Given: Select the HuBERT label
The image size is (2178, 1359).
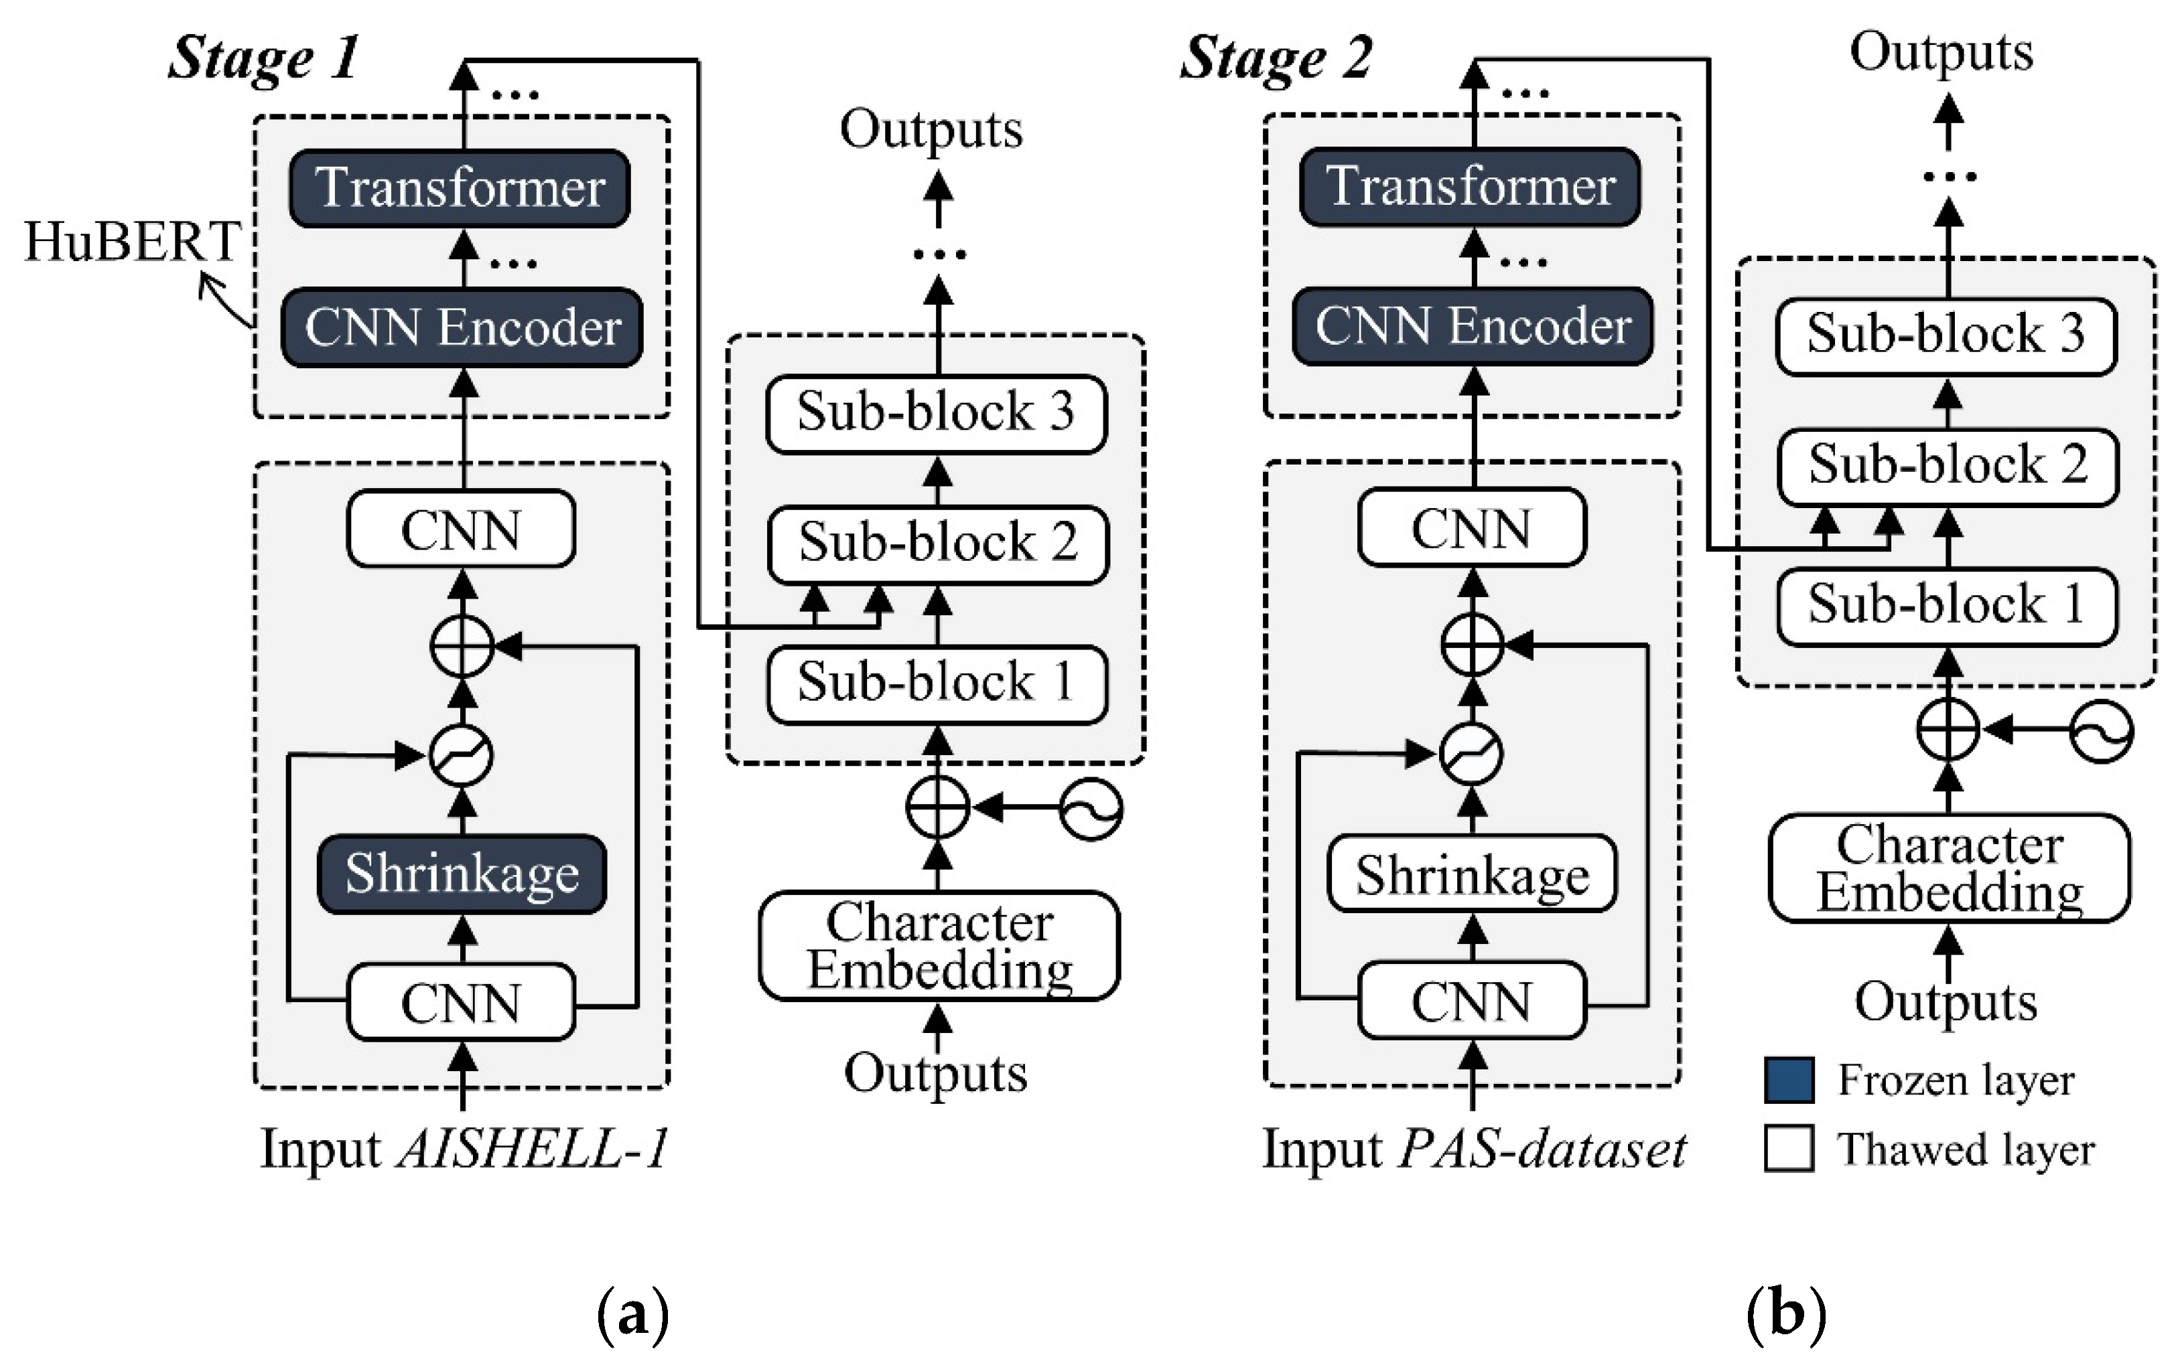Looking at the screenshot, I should [x=132, y=242].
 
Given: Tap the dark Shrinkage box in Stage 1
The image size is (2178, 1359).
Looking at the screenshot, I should [x=462, y=874].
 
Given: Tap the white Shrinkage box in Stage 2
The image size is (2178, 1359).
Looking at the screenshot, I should [x=1472, y=874].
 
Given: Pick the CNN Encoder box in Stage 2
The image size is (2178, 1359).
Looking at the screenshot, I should [x=1472, y=325].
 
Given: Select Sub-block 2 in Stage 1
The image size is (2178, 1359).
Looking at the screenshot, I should [x=937, y=543].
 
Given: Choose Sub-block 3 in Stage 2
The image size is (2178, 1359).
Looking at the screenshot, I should [x=1946, y=334].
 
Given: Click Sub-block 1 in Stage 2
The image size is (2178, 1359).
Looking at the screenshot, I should [x=1946, y=604].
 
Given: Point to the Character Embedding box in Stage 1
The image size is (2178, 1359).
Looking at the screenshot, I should [x=939, y=945].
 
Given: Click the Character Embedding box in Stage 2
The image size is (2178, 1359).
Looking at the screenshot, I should [x=1949, y=868].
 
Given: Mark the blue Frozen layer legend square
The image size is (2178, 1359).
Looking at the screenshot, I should [x=1789, y=1079].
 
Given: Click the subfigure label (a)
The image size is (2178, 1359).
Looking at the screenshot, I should [x=633, y=1315].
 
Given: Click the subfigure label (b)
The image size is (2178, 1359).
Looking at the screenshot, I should [x=1786, y=1315].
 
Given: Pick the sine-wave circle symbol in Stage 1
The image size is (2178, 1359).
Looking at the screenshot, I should [x=1091, y=809].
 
